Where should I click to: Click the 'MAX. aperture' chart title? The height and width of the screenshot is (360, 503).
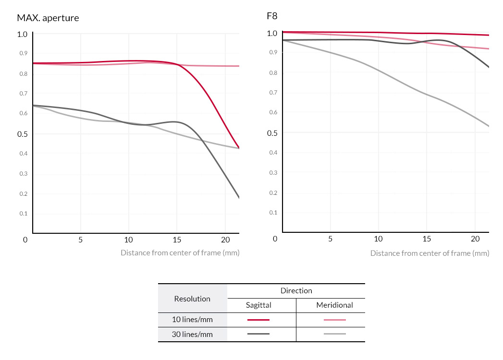tap(48, 18)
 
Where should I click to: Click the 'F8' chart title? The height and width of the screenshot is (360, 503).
tap(272, 16)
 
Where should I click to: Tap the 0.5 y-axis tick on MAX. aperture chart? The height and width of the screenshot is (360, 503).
tap(22, 134)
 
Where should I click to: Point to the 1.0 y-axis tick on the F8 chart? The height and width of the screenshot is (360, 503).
tap(272, 34)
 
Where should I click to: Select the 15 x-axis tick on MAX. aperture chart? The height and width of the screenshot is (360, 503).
tap(177, 240)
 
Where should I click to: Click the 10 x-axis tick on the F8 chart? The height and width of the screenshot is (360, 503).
tap(378, 239)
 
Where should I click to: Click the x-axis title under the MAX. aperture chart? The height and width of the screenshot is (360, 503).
tap(180, 252)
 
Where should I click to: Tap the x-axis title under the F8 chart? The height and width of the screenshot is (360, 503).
tap(429, 253)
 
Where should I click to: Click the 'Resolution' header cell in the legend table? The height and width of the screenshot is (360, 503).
tap(192, 299)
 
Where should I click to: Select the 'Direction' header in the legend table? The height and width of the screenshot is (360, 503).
tap(296, 290)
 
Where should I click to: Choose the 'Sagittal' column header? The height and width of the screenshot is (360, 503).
tap(258, 305)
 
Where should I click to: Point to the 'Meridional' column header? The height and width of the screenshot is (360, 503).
tap(334, 305)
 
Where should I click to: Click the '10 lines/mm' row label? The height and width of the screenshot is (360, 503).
tap(192, 320)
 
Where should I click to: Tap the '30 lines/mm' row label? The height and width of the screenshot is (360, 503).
tap(192, 334)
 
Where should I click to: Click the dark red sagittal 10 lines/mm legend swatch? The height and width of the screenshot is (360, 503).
tap(258, 320)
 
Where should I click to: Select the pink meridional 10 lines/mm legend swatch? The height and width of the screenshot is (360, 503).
tap(334, 320)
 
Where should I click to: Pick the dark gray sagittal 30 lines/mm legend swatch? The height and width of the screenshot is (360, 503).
tap(258, 334)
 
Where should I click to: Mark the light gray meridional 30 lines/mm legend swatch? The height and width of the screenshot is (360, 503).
tap(334, 334)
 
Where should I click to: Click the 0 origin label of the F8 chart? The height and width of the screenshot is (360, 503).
tap(275, 239)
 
